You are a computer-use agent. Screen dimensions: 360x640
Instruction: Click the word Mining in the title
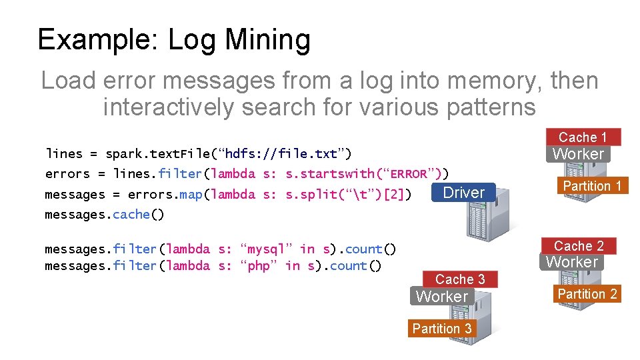[268, 40]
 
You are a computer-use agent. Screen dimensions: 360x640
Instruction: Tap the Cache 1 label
[583, 137]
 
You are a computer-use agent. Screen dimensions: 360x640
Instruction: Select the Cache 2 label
[579, 246]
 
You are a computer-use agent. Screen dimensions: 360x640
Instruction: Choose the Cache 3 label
[460, 279]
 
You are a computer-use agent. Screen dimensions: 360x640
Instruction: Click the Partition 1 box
[592, 186]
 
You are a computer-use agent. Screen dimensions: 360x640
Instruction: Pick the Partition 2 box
[587, 294]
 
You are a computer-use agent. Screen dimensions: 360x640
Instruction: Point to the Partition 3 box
[442, 329]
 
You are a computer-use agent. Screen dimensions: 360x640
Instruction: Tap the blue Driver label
[464, 193]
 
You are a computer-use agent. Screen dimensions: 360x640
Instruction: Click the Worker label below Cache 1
[578, 154]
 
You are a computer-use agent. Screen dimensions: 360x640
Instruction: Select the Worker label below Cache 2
[572, 262]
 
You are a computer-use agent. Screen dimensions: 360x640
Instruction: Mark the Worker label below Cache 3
[442, 297]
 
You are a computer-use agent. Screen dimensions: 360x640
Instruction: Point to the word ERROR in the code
[409, 174]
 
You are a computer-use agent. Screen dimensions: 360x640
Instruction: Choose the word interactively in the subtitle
[169, 107]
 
